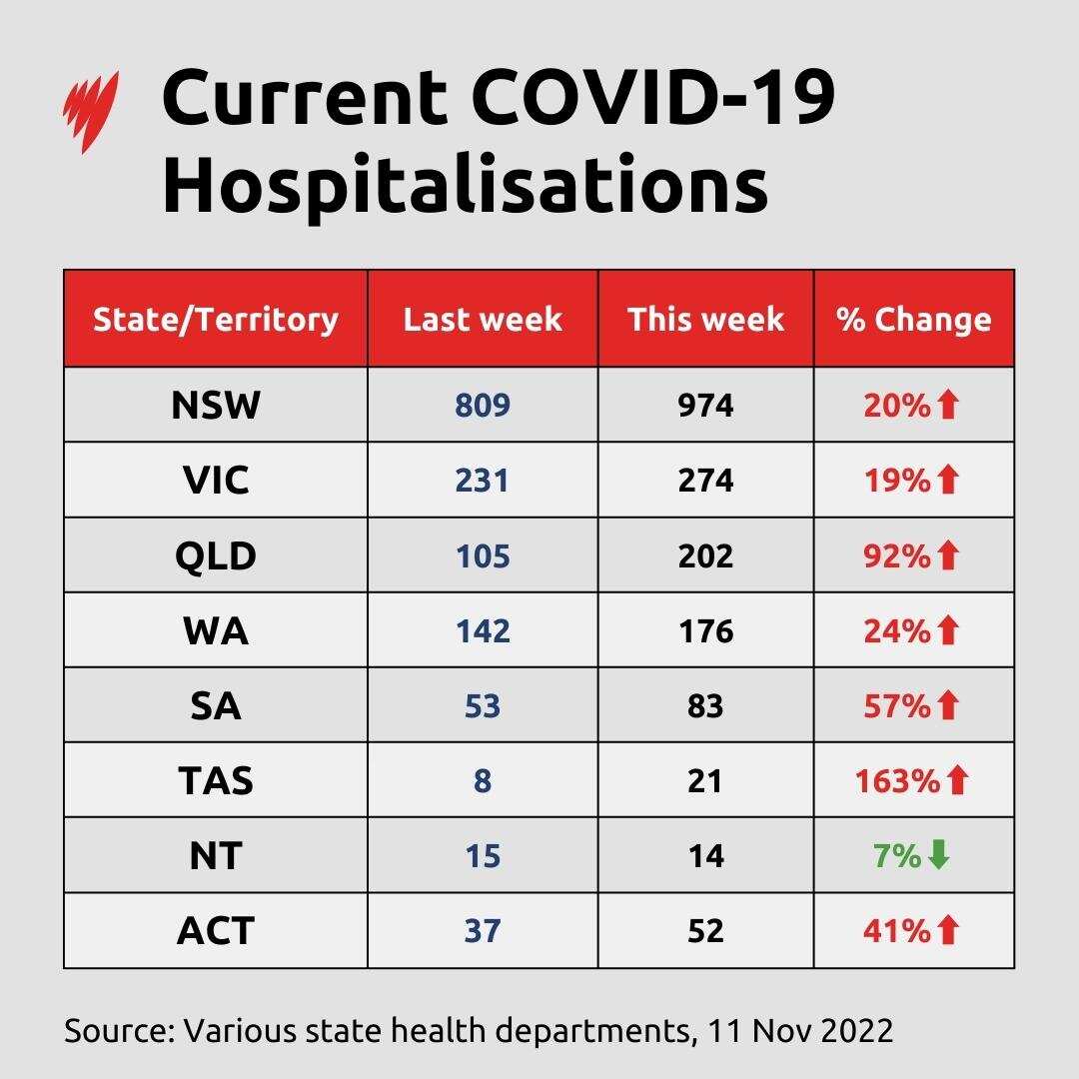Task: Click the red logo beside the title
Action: tap(91, 111)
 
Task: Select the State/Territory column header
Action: tap(216, 319)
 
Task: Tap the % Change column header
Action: tap(914, 319)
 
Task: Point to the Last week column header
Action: tap(483, 319)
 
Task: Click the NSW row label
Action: tap(216, 405)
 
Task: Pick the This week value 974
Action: tap(705, 405)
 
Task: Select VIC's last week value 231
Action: tap(483, 481)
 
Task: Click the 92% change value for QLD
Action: tap(896, 555)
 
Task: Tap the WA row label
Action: tap(216, 630)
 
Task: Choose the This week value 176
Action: tap(705, 630)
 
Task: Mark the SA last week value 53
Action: tap(483, 706)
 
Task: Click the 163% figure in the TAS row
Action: tap(897, 780)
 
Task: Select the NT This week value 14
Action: tap(705, 856)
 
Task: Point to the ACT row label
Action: tap(216, 930)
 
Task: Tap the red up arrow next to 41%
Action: tap(948, 930)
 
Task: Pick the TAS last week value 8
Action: tap(483, 780)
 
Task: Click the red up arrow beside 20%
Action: tap(948, 405)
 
